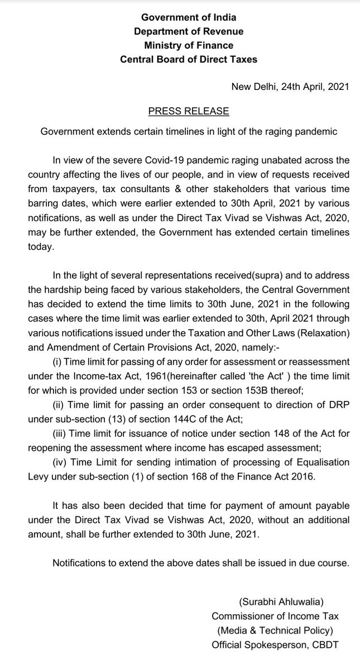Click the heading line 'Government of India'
coord(189,18)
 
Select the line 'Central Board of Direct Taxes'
coord(189,59)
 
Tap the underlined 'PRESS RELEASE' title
coord(189,111)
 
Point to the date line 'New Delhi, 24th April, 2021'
coord(290,87)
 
